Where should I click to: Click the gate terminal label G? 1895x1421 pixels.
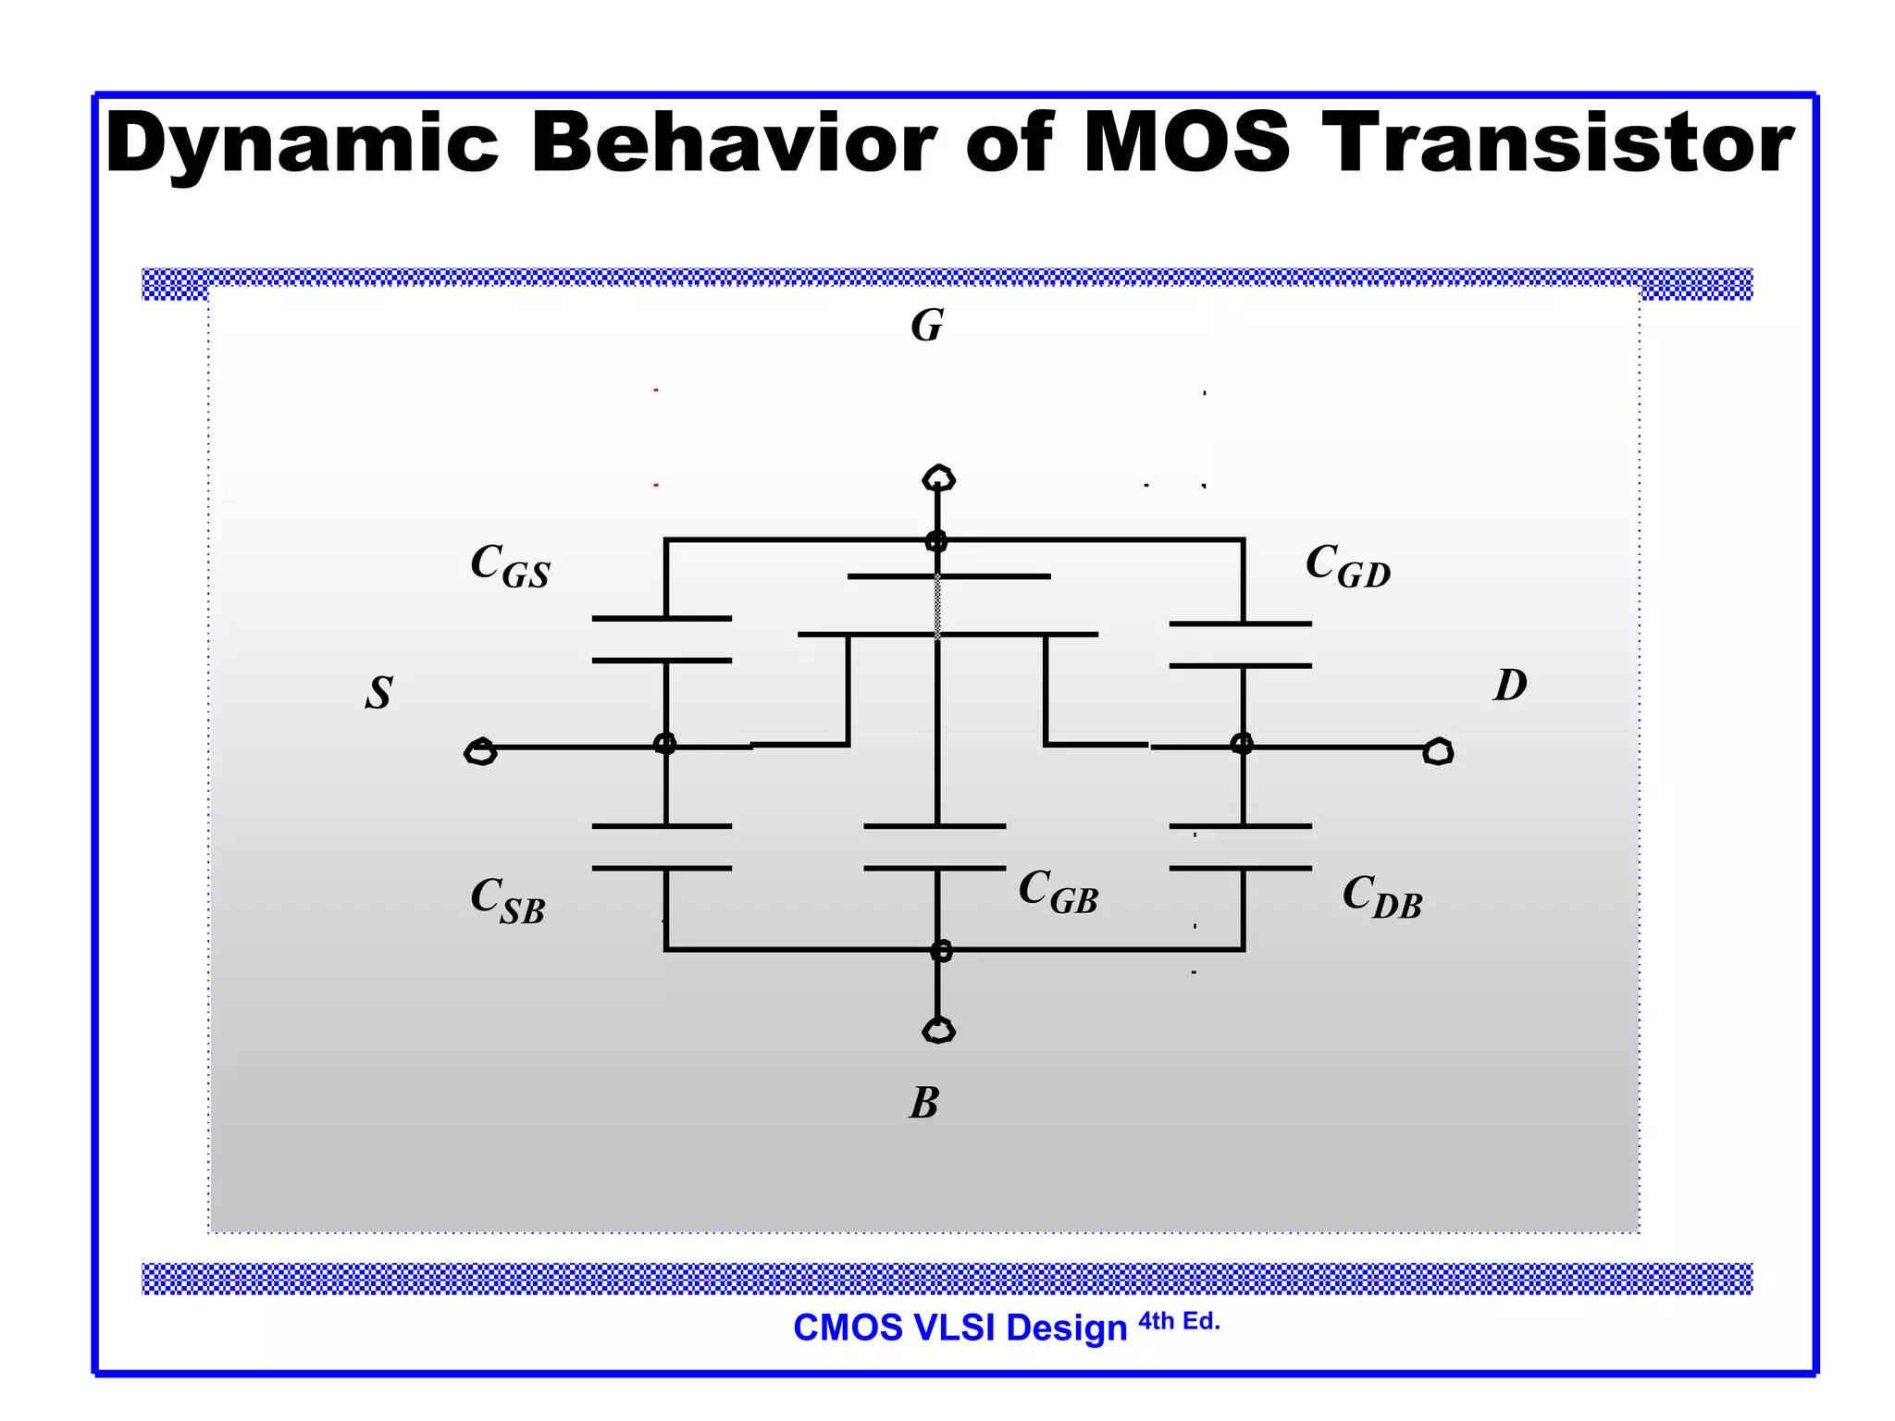pyautogui.click(x=927, y=326)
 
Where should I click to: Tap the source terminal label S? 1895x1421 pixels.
pyautogui.click(x=378, y=692)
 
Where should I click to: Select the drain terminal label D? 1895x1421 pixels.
pyautogui.click(x=1509, y=686)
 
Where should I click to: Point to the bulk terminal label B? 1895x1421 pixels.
pyautogui.click(x=923, y=1103)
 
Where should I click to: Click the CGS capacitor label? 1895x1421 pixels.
pyautogui.click(x=510, y=565)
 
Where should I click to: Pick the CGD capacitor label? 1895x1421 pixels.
pyautogui.click(x=1347, y=565)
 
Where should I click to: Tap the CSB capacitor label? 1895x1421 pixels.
pyautogui.click(x=507, y=900)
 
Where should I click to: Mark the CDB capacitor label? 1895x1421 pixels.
pyautogui.click(x=1381, y=897)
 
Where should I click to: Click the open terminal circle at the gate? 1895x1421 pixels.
pyautogui.click(x=938, y=478)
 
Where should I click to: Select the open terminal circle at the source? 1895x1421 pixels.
pyautogui.click(x=480, y=751)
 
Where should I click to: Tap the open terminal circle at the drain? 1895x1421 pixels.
pyautogui.click(x=1438, y=751)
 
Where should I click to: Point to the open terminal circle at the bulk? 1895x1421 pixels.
pyautogui.click(x=938, y=1030)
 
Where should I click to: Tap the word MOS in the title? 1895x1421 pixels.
pyautogui.click(x=1185, y=143)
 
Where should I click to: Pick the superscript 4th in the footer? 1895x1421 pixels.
pyautogui.click(x=1156, y=1321)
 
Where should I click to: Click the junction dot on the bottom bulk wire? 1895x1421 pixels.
pyautogui.click(x=940, y=950)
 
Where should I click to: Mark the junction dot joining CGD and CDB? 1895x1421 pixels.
pyautogui.click(x=1242, y=744)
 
